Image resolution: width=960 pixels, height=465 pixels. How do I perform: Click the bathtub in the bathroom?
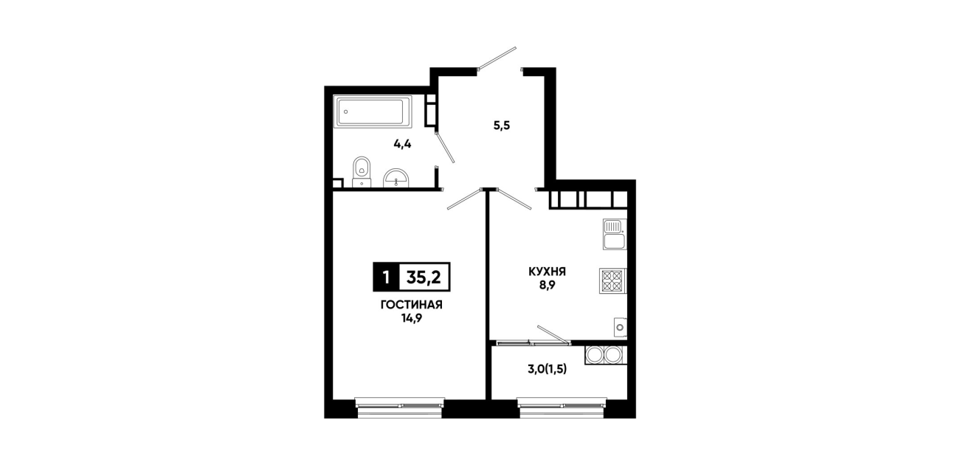pos(373,111)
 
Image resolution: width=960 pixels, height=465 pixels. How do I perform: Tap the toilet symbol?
pos(362,172)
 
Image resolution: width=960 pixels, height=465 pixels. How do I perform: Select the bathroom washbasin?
pos(396,178)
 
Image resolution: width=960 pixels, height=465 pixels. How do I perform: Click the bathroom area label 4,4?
pos(402,144)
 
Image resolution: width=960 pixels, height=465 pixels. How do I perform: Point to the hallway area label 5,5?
pos(502,126)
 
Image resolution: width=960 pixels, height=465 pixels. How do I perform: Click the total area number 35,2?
pos(424,278)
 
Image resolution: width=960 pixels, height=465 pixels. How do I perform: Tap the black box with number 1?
pos(386,277)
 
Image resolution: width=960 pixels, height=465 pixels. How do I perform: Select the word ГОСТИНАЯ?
pos(412,305)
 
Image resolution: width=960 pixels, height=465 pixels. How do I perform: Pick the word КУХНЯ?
pos(548,272)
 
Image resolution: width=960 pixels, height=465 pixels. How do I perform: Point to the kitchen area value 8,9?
pos(548,286)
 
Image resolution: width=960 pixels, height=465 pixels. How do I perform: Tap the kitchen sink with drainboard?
pos(615,234)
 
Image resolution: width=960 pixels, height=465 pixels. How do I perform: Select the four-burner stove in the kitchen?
pos(613,281)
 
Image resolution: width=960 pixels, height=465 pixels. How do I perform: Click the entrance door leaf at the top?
pos(497,58)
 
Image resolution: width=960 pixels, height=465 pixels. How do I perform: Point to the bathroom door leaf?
pos(445,148)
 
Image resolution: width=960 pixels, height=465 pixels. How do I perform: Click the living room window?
pos(400,408)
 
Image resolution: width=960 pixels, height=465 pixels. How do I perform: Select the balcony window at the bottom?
pos(562,408)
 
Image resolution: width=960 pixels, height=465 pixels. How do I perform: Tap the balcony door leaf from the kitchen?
pos(553,334)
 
